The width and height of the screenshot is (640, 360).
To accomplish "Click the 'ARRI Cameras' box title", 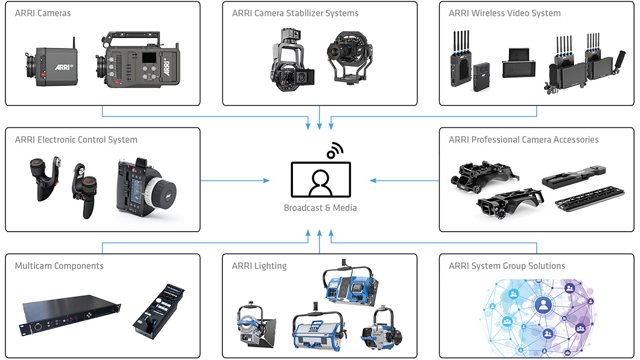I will [43, 13].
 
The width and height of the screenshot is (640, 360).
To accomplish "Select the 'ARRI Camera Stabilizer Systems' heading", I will [295, 13].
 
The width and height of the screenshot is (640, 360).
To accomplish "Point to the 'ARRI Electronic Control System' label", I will [76, 140].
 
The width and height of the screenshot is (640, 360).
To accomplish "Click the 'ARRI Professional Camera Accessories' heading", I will [524, 140].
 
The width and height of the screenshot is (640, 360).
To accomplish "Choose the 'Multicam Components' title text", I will [59, 266].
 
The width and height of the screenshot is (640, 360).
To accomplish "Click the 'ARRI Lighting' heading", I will [259, 266].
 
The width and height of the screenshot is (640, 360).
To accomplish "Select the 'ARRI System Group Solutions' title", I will [507, 266].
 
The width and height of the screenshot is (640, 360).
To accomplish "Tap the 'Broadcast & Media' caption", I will [320, 208].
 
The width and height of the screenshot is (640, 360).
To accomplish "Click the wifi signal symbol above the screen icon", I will [334, 150].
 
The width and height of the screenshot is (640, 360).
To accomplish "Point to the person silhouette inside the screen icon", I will [320, 182].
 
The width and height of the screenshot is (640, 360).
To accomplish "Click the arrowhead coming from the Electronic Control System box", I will [267, 180].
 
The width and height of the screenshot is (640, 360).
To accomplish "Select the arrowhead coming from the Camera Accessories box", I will [373, 180].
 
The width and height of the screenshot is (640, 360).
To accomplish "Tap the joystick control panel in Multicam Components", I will [159, 311].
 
